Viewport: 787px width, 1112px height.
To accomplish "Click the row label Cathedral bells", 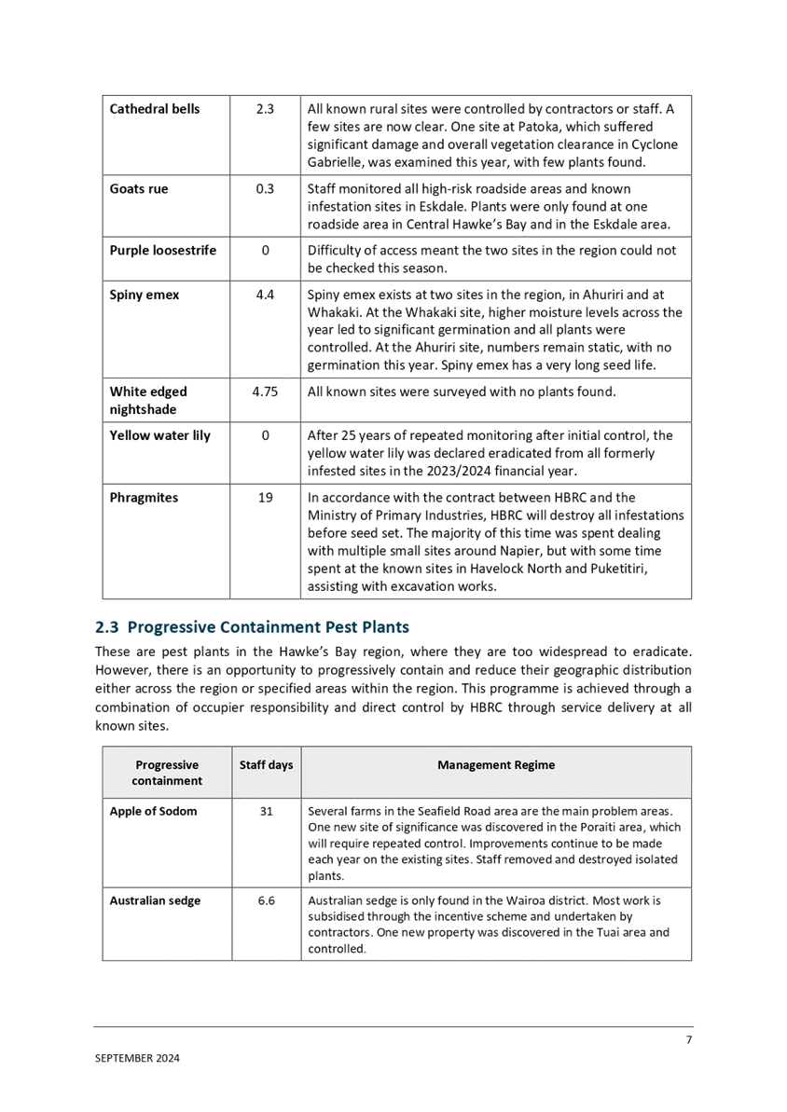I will click(155, 109).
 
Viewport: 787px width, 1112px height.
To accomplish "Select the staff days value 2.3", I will click(265, 109).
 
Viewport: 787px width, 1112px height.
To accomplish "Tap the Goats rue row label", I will click(139, 189).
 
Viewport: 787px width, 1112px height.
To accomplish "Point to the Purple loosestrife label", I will click(163, 251).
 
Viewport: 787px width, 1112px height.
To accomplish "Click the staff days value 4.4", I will click(265, 295).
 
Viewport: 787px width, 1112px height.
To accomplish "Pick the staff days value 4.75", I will click(265, 392).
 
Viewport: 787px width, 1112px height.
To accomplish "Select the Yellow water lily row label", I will click(159, 436).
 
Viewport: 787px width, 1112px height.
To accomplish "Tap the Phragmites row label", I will click(144, 498).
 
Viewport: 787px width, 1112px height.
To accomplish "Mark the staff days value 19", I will click(265, 498).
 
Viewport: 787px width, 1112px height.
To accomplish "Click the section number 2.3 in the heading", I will click(106, 627).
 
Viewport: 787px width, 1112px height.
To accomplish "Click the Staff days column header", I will click(266, 765).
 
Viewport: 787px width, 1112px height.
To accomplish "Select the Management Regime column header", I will click(496, 765).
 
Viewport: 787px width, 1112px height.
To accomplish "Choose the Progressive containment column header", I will click(167, 773).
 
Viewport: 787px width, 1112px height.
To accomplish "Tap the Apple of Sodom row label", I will click(153, 811).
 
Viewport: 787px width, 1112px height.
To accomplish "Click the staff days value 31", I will click(265, 811).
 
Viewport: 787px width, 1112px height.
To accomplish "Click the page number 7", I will click(688, 1039).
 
